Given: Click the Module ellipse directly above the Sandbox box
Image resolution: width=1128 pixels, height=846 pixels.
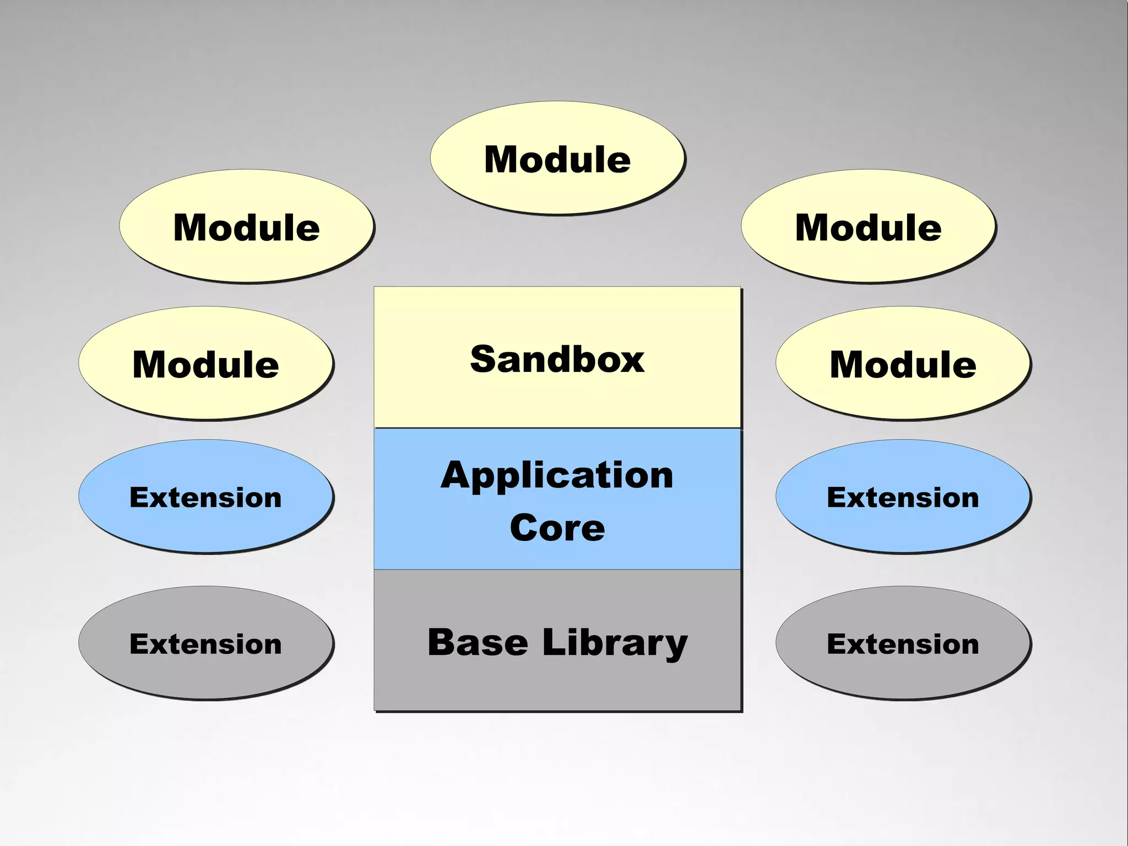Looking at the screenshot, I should click(x=557, y=158).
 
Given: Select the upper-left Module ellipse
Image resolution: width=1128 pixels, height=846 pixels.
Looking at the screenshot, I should click(x=246, y=226).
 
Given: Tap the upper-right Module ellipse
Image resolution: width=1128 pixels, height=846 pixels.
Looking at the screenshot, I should click(x=868, y=226).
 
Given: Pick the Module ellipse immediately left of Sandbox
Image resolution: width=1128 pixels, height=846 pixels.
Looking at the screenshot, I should click(x=205, y=364).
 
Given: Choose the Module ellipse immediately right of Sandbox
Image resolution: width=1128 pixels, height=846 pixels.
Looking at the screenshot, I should click(x=903, y=364).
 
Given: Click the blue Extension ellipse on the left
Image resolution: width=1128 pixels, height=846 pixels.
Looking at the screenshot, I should click(x=205, y=497).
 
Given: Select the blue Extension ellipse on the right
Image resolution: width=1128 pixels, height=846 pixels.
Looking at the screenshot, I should click(x=903, y=497).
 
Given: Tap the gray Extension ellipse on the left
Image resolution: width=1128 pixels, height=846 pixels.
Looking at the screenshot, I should click(x=205, y=643).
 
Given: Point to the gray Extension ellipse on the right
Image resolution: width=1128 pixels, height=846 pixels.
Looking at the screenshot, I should click(x=903, y=643).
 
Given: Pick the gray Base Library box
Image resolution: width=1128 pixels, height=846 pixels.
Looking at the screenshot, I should click(x=557, y=683).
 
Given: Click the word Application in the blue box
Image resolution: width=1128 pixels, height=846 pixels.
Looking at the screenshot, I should click(x=557, y=476).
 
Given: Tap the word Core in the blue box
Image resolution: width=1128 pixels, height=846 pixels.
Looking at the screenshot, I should click(x=557, y=528).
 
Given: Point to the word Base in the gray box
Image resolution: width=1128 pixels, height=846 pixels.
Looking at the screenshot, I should click(x=478, y=642).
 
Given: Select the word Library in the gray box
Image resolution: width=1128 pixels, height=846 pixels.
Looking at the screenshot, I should click(x=615, y=643).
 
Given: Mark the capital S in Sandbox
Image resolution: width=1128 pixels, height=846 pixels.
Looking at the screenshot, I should click(x=483, y=359).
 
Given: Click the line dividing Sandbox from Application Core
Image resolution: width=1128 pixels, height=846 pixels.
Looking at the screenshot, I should click(x=557, y=428).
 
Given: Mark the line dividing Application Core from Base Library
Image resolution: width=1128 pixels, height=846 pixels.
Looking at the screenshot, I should click(x=557, y=570).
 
